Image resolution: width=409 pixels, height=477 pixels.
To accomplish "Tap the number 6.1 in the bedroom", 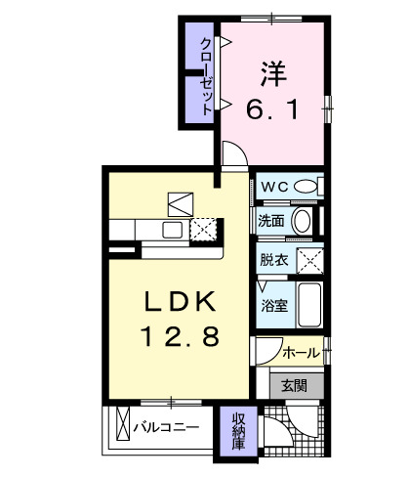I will [272, 110].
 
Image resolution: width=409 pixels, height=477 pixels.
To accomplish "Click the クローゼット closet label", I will [206, 77].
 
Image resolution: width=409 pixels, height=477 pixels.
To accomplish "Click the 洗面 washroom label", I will [272, 221].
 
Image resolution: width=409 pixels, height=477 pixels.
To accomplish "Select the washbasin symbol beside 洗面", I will [303, 220].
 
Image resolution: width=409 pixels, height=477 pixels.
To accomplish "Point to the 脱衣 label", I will [272, 261].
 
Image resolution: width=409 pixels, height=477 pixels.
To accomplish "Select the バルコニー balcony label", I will [166, 427].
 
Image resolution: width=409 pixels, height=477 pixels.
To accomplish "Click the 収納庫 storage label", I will [238, 429].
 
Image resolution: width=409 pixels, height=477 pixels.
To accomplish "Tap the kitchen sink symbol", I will [171, 230].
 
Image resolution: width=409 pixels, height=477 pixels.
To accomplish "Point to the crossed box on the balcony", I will [122, 427].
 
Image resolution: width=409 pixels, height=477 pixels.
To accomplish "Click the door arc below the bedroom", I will [232, 154].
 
